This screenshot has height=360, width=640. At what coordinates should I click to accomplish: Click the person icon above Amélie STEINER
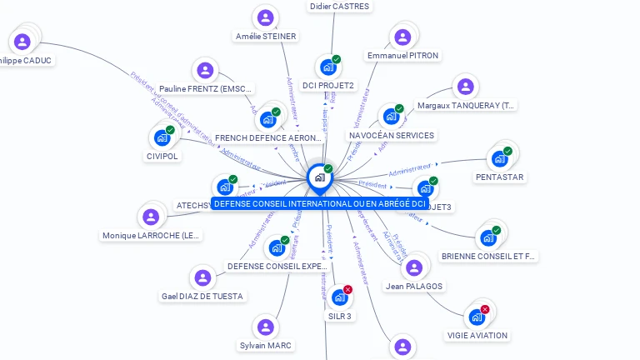tap(266, 17)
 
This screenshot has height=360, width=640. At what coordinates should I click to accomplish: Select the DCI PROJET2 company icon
tap(327, 67)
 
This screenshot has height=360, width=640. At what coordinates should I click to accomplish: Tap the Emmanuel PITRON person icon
tap(402, 37)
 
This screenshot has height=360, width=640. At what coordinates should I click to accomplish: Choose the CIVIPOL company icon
tap(162, 137)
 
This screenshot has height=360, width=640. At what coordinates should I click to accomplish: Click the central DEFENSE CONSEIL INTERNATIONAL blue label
tap(320, 203)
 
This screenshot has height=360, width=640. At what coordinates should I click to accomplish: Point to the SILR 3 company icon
tap(339, 297)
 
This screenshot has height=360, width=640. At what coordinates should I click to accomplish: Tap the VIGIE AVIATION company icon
tap(477, 317)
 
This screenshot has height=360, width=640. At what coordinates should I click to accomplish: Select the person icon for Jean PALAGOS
tap(414, 267)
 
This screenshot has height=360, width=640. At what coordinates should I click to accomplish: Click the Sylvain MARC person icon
tap(266, 327)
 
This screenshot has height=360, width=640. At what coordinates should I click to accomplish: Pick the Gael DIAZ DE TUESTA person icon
tap(202, 277)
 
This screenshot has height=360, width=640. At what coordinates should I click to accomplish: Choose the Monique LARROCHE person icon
tap(151, 217)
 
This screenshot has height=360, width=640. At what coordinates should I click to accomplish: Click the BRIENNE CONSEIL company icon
tap(487, 238)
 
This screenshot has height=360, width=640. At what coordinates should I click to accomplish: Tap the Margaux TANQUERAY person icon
tap(466, 87)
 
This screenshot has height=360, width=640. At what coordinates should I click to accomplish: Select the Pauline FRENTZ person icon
tap(205, 71)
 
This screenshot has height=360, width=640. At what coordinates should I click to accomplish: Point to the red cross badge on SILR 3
tap(347, 289)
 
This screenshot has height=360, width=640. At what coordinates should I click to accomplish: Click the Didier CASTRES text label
tap(339, 6)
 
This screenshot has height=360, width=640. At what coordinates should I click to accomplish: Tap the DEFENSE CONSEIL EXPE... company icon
tap(277, 247)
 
